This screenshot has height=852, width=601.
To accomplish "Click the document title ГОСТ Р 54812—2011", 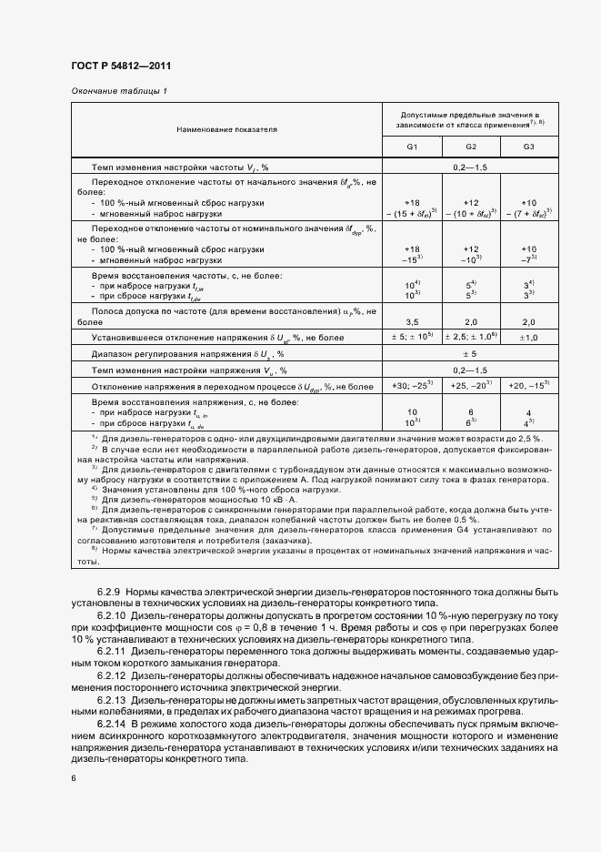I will (x=120, y=66).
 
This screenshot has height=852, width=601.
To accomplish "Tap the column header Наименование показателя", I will (x=226, y=129).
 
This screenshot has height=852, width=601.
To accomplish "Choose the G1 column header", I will (x=412, y=147).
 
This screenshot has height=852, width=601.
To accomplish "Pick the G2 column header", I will (x=471, y=147).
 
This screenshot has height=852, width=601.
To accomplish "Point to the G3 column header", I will (x=529, y=147).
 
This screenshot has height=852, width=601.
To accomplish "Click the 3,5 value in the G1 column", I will (x=412, y=321).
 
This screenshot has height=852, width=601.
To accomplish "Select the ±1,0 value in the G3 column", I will (x=529, y=338).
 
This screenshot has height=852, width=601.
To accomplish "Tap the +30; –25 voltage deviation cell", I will (x=412, y=386).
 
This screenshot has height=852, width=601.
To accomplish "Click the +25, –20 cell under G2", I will (x=471, y=386).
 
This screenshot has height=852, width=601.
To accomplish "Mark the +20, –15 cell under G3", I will (x=529, y=386).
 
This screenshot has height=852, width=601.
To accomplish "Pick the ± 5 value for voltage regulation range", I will (x=470, y=353).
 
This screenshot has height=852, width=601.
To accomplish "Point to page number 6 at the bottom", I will (x=74, y=778).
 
